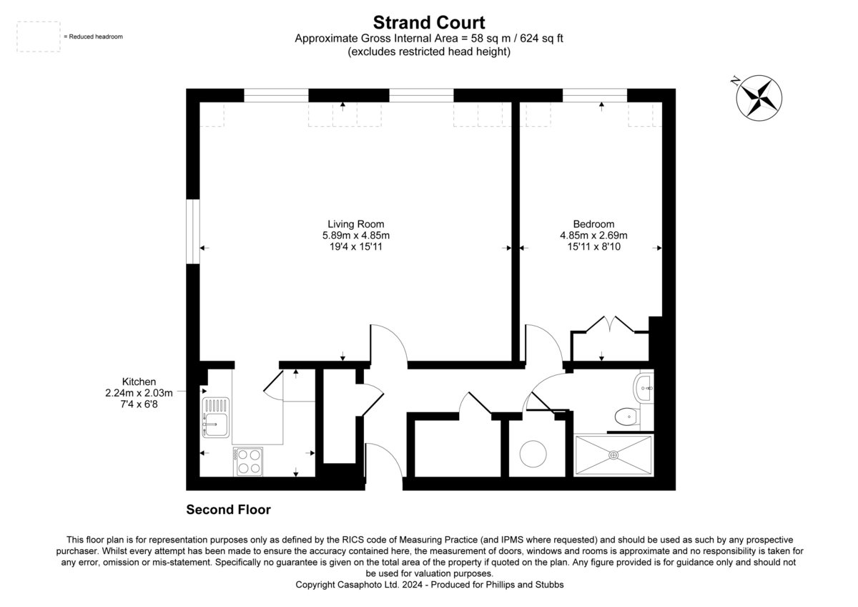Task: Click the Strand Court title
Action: [x=428, y=23]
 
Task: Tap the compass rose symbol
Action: [x=759, y=98]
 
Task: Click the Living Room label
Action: [x=355, y=224]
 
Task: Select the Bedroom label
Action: [x=593, y=224]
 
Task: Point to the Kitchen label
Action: [x=139, y=382]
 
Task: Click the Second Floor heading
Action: [x=228, y=510]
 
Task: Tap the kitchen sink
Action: [x=216, y=417]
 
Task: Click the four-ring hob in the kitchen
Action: [x=248, y=462]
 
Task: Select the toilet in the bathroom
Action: [x=627, y=417]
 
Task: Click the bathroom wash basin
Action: [x=643, y=388]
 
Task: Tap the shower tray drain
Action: [x=613, y=455]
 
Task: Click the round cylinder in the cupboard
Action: [x=533, y=454]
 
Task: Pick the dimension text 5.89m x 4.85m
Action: [x=356, y=235]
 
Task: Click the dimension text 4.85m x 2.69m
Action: [x=593, y=235]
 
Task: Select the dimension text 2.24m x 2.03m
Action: [x=139, y=393]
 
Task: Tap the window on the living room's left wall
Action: [x=193, y=232]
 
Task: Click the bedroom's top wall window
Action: [x=595, y=95]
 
